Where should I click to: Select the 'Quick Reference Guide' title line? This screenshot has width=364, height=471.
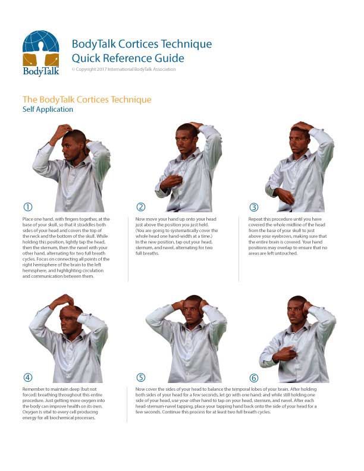[127, 58]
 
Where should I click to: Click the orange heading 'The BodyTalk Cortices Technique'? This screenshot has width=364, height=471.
[87, 99]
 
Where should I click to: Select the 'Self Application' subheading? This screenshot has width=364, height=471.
[48, 109]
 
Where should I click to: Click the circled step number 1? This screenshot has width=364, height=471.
[27, 207]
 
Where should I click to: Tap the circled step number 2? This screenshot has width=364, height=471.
[141, 207]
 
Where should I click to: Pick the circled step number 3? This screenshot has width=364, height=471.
[254, 207]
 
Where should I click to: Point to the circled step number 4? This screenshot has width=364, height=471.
[27, 377]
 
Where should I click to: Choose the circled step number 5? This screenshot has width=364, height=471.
[141, 377]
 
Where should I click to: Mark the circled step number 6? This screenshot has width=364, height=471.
[254, 377]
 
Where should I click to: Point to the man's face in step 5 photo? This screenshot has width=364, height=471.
[191, 313]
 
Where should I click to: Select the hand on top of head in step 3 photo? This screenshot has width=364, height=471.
[302, 126]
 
